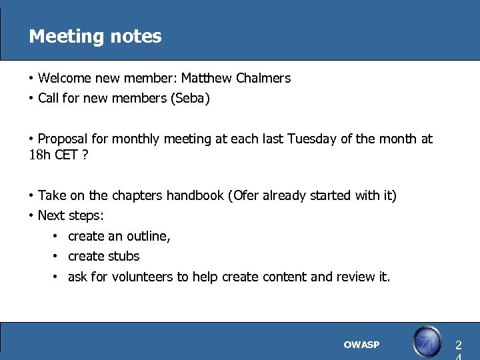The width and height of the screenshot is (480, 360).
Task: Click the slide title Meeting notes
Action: click(95, 36)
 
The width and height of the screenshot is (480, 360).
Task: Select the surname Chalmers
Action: click(265, 78)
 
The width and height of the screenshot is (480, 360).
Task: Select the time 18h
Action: click(39, 155)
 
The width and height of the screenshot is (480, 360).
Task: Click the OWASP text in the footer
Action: click(361, 345)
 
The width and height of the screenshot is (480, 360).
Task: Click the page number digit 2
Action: click(458, 345)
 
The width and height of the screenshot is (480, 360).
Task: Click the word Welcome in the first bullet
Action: click(64, 78)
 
